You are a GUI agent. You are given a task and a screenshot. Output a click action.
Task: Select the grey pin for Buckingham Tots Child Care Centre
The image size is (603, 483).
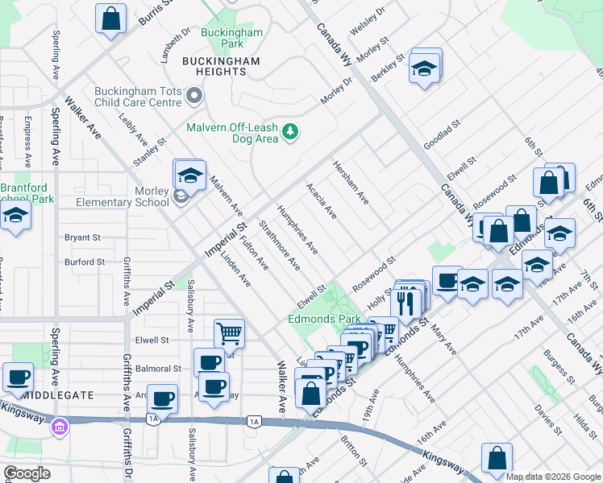tap(193, 97)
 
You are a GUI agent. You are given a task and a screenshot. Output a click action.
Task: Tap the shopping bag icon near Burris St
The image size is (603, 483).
tap(110, 18)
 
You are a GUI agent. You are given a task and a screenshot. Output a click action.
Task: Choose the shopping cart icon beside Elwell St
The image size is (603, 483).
tap(229, 332)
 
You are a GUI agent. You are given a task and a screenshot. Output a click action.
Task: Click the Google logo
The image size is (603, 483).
tap(27, 473)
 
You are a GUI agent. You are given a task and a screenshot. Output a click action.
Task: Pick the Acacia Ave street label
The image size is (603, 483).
tap(321, 200)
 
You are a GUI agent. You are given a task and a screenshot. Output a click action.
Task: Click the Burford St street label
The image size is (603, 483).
tap(85, 262)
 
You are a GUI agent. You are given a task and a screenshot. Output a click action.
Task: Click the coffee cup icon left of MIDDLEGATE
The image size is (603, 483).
tap(17, 376)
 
